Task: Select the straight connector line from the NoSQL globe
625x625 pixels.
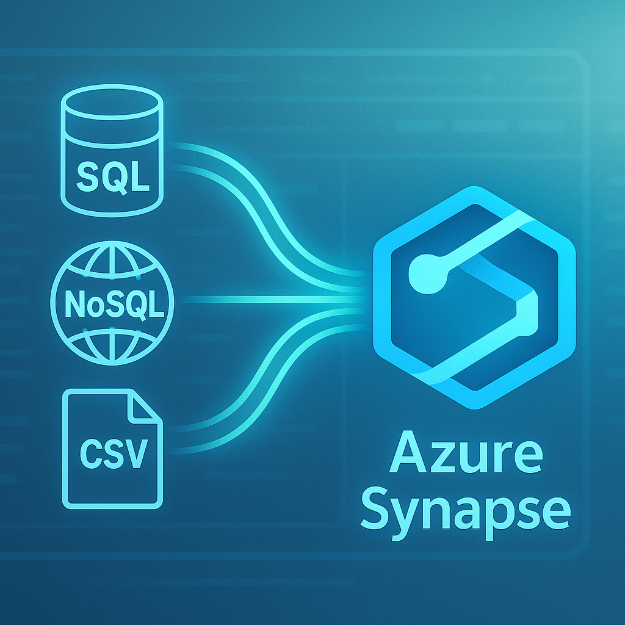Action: coord(269,299)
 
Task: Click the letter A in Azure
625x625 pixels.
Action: coord(406,455)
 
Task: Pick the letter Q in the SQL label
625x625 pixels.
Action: coord(115,176)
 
